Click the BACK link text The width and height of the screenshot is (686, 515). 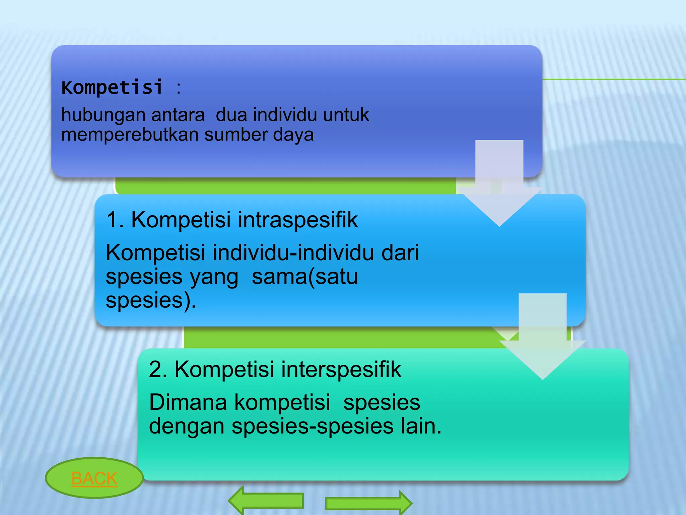click(94, 478)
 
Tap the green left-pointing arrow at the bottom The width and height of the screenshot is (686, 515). click(266, 501)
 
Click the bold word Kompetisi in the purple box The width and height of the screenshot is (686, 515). click(112, 88)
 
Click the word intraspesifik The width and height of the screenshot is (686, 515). click(298, 220)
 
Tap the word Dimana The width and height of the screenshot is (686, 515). click(188, 402)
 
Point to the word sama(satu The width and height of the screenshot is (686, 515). click(304, 277)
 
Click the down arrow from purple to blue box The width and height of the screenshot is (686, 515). click(499, 188)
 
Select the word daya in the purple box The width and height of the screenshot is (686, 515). click(293, 135)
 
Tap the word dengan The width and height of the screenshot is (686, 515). click(187, 426)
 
